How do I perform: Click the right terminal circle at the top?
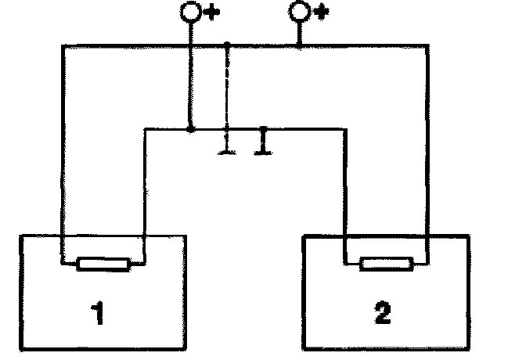click(x=299, y=11)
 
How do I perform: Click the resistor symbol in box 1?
click(x=103, y=265)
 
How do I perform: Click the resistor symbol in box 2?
click(x=385, y=265)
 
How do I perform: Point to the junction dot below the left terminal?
click(x=191, y=128)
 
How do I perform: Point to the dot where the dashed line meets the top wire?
click(x=226, y=45)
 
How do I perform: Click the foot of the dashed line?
click(x=226, y=151)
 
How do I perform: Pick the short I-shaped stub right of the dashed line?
click(x=263, y=141)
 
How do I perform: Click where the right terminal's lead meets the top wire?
click(x=299, y=46)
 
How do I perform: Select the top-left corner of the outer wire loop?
click(x=63, y=46)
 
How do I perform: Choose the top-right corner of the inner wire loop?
click(x=344, y=129)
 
